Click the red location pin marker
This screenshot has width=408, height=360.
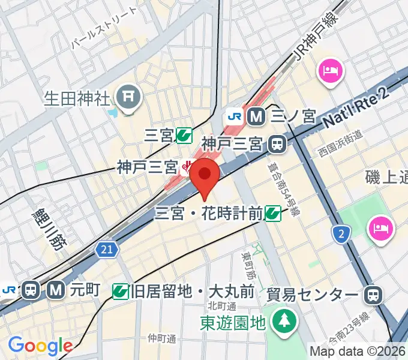(x=205, y=175)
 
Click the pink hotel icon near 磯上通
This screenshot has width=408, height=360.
(x=381, y=228)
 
